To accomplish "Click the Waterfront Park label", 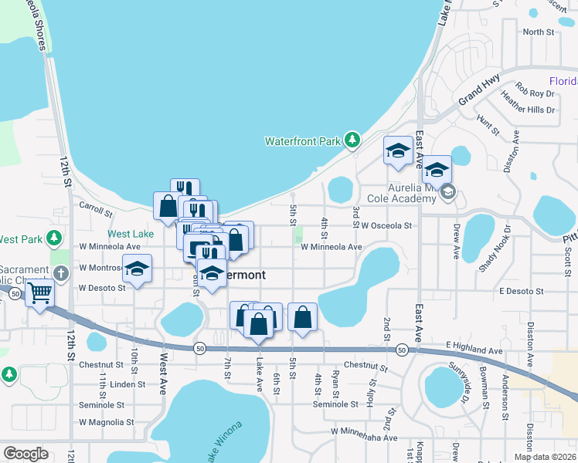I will pos(303,141).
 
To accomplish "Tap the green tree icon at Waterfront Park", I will pos(352,140).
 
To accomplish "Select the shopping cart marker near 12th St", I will pos(39,293).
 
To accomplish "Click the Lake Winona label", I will pos(225,441).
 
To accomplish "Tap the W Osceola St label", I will pos(386,226).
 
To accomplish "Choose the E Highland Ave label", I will pos(474,351).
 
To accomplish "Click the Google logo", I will pos(26,453).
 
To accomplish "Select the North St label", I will pos(539,32).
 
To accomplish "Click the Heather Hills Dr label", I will pos(529,110).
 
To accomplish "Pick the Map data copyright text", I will pos(544,457).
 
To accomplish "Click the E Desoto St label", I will pos(522,291).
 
